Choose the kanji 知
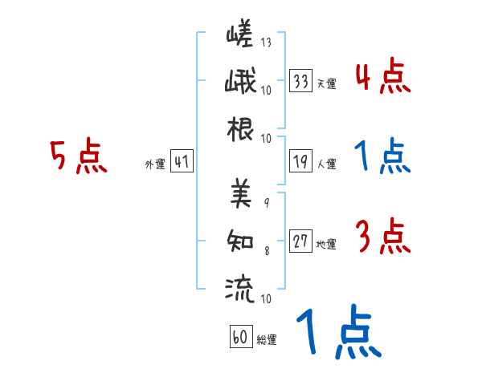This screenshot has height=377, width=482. (x=240, y=239)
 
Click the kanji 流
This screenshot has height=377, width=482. (x=240, y=286)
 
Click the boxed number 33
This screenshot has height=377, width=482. (x=301, y=81)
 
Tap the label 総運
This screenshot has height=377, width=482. (x=266, y=339)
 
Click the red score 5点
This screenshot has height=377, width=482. (x=79, y=157)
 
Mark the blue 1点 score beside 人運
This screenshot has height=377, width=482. (x=383, y=157)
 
